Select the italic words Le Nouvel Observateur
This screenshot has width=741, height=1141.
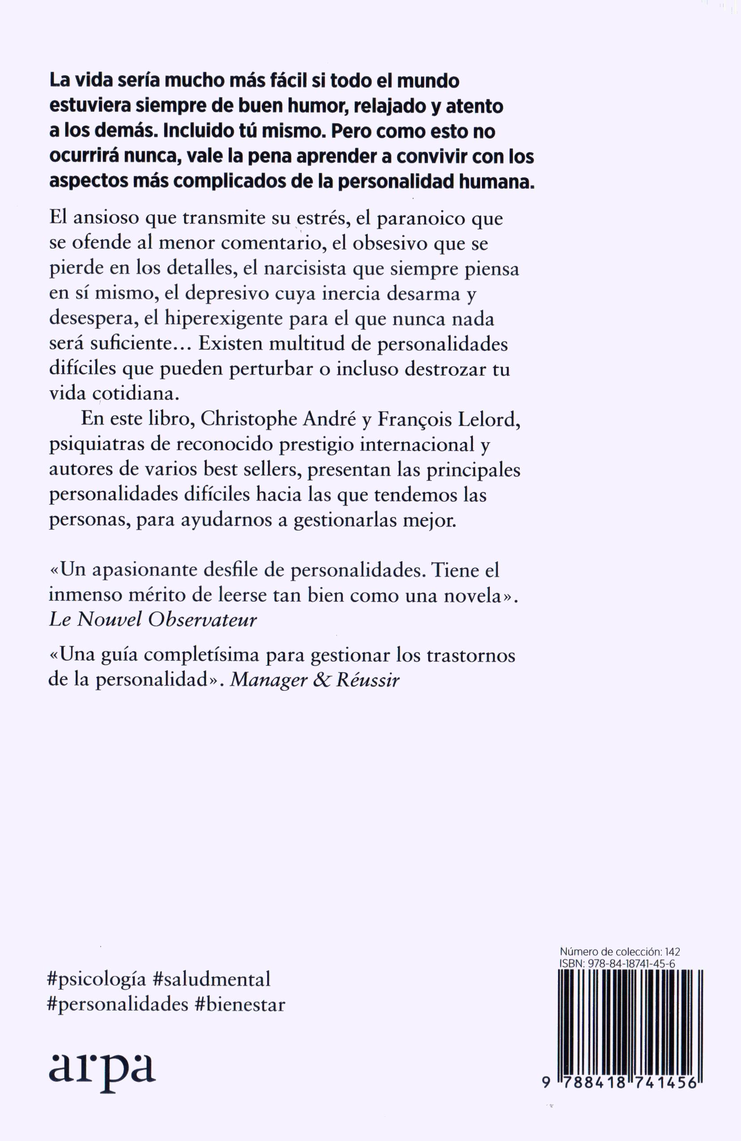pyautogui.click(x=153, y=620)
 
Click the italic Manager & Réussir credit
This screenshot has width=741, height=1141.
pyautogui.click(x=315, y=680)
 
